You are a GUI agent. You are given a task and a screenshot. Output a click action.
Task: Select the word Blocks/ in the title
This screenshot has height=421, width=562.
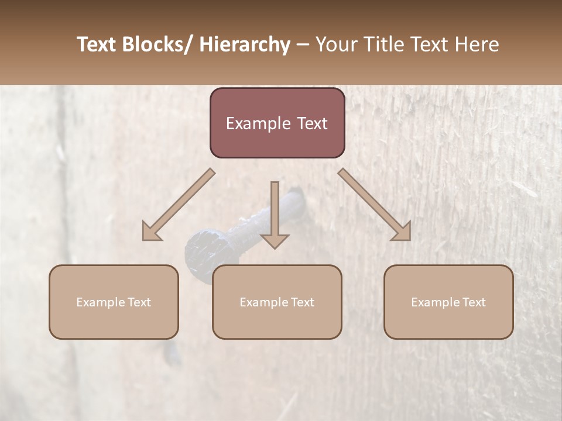(x=153, y=44)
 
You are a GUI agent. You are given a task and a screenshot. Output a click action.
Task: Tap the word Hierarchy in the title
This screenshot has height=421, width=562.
(x=245, y=44)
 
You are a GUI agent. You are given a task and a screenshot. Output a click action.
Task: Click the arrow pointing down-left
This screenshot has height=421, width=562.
(x=179, y=205)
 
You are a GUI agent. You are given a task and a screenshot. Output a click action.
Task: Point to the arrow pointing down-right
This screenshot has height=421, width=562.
(x=375, y=205)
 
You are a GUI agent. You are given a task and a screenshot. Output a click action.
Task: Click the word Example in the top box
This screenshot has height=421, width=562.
(x=255, y=123)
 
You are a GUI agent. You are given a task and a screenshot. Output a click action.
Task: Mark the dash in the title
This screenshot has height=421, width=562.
(x=303, y=44)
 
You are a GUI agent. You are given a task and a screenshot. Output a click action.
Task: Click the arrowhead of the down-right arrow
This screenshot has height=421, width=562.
(x=403, y=232)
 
